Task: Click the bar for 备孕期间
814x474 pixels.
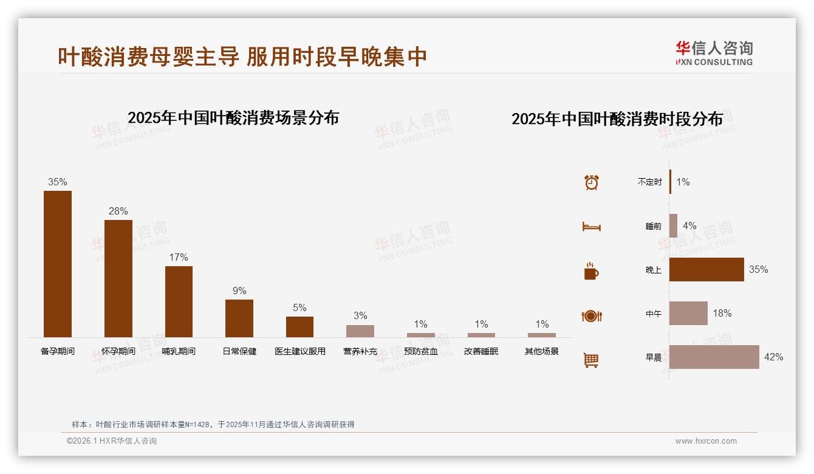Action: coord(58,264)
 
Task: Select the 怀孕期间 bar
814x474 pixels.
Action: coord(118,278)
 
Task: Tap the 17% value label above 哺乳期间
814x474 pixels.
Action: coord(179,257)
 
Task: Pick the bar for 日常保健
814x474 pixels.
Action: coord(239,318)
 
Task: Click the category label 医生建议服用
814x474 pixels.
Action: coord(300,351)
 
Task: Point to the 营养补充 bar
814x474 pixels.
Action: coord(360,331)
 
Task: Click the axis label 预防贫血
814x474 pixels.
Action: coord(421,351)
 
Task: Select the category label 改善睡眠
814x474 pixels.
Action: coord(481,351)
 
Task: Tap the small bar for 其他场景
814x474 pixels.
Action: coord(542,335)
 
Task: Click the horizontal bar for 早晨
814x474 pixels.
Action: coord(714,357)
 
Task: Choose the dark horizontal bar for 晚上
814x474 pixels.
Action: coord(706,269)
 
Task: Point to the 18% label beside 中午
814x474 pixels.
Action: coord(722,314)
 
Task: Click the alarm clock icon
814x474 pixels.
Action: coord(592,182)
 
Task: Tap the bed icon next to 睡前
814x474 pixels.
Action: coord(592,227)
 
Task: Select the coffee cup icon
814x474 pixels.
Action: coord(592,271)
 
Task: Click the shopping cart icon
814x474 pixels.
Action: coord(592,360)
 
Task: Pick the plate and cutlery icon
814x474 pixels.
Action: coord(592,316)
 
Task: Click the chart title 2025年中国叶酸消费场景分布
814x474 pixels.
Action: coord(233,117)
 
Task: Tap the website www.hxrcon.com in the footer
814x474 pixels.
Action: coord(706,441)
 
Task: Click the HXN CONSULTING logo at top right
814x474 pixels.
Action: coord(714,53)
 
